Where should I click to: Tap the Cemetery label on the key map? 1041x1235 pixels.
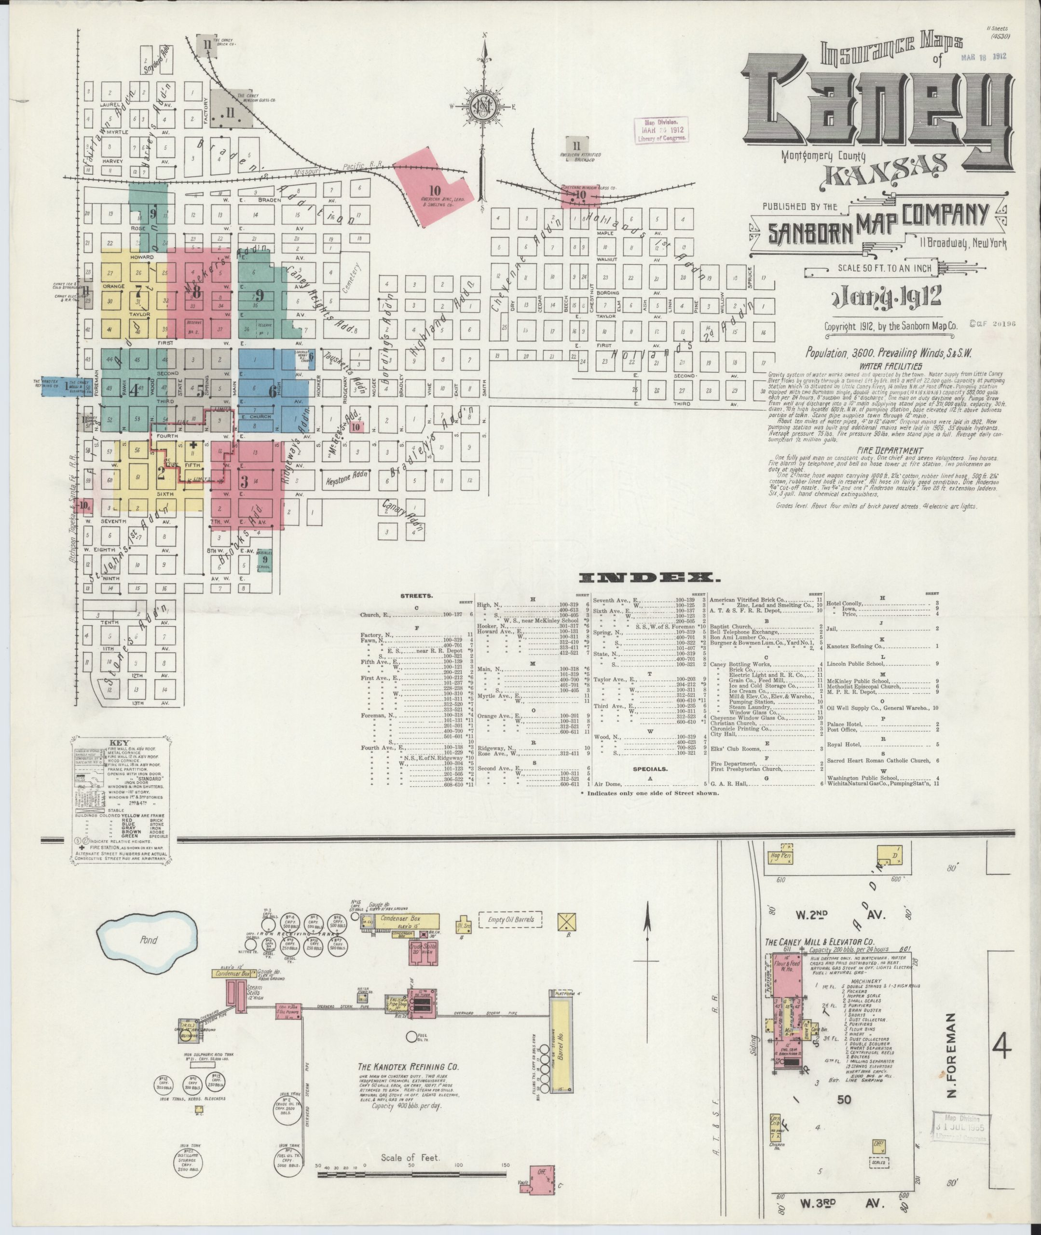352,277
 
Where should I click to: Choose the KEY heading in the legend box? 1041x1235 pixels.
121,743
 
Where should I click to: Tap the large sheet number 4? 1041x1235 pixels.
1001,1047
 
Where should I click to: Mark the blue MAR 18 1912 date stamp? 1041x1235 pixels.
983,56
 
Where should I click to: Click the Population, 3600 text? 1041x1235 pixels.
843,353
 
